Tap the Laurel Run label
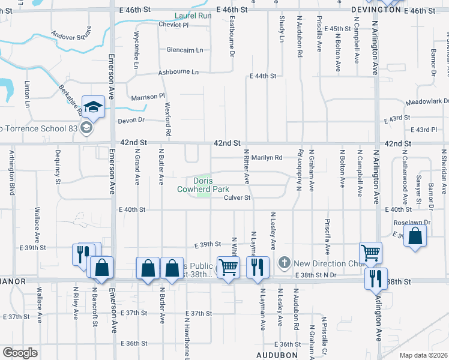[193, 16]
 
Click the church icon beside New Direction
[284, 263]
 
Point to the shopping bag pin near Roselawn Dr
[415, 236]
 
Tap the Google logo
[20, 352]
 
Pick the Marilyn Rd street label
[266, 158]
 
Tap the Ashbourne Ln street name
[178, 72]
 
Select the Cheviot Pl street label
[173, 25]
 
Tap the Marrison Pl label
[148, 96]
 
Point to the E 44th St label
[263, 76]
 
